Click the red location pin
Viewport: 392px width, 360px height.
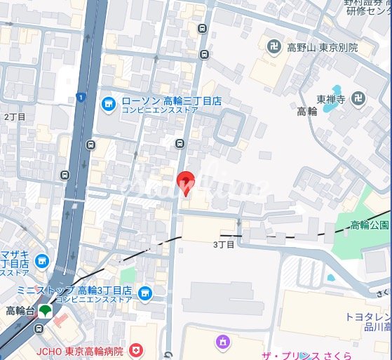[x=184, y=182]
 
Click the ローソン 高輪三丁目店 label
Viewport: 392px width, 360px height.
[x=171, y=101]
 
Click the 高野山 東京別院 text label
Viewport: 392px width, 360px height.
[x=322, y=48]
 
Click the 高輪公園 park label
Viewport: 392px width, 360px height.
[x=370, y=225]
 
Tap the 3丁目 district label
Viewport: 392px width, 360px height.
[x=222, y=244]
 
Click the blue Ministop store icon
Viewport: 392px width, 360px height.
[x=145, y=292]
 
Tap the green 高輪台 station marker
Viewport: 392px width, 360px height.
[x=45, y=310]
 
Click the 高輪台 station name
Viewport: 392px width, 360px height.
[x=19, y=310]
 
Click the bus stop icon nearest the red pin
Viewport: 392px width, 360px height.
[x=180, y=144]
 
